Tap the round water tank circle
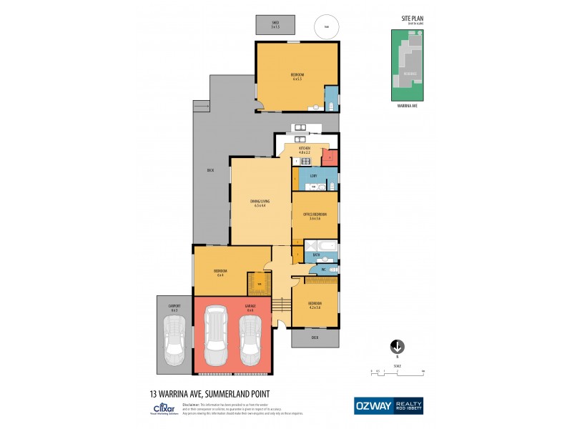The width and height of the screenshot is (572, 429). tap(326, 26)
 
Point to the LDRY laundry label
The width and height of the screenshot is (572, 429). tap(313, 174)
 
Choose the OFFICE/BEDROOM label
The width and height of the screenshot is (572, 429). tap(315, 216)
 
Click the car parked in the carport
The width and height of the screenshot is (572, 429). tap(174, 340)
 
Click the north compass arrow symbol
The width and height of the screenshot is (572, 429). tap(398, 346)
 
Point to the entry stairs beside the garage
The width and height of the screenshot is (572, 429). tap(281, 306)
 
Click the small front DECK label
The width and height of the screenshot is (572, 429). tap(315, 336)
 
